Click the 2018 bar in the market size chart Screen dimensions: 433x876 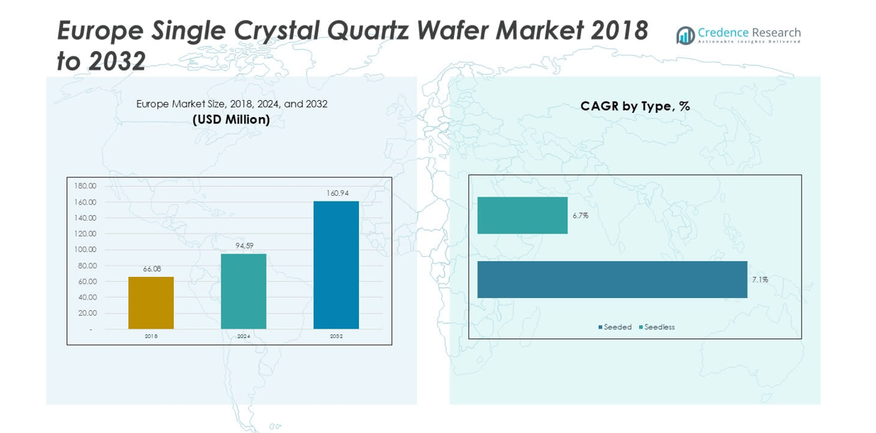click(151, 302)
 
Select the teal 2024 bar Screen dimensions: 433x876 click(243, 291)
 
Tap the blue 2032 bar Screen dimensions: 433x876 click(336, 265)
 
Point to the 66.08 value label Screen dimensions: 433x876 click(152, 269)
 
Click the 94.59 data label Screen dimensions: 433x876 click(244, 246)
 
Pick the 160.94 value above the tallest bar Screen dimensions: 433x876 click(338, 193)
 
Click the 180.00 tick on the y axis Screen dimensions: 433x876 click(85, 186)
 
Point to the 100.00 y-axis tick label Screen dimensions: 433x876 click(85, 249)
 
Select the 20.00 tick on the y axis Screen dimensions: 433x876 click(87, 313)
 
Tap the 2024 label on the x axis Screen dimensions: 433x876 click(243, 336)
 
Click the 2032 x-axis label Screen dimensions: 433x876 click(336, 336)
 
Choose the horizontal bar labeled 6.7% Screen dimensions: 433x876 click(522, 215)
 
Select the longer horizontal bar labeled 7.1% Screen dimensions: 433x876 click(612, 280)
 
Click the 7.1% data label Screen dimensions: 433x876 click(760, 280)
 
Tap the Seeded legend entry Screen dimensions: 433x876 click(615, 327)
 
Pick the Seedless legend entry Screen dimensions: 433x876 click(657, 327)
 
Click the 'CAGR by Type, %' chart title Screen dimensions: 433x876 click(635, 106)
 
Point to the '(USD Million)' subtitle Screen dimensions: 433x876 click(231, 120)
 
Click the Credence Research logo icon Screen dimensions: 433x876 click(685, 35)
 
